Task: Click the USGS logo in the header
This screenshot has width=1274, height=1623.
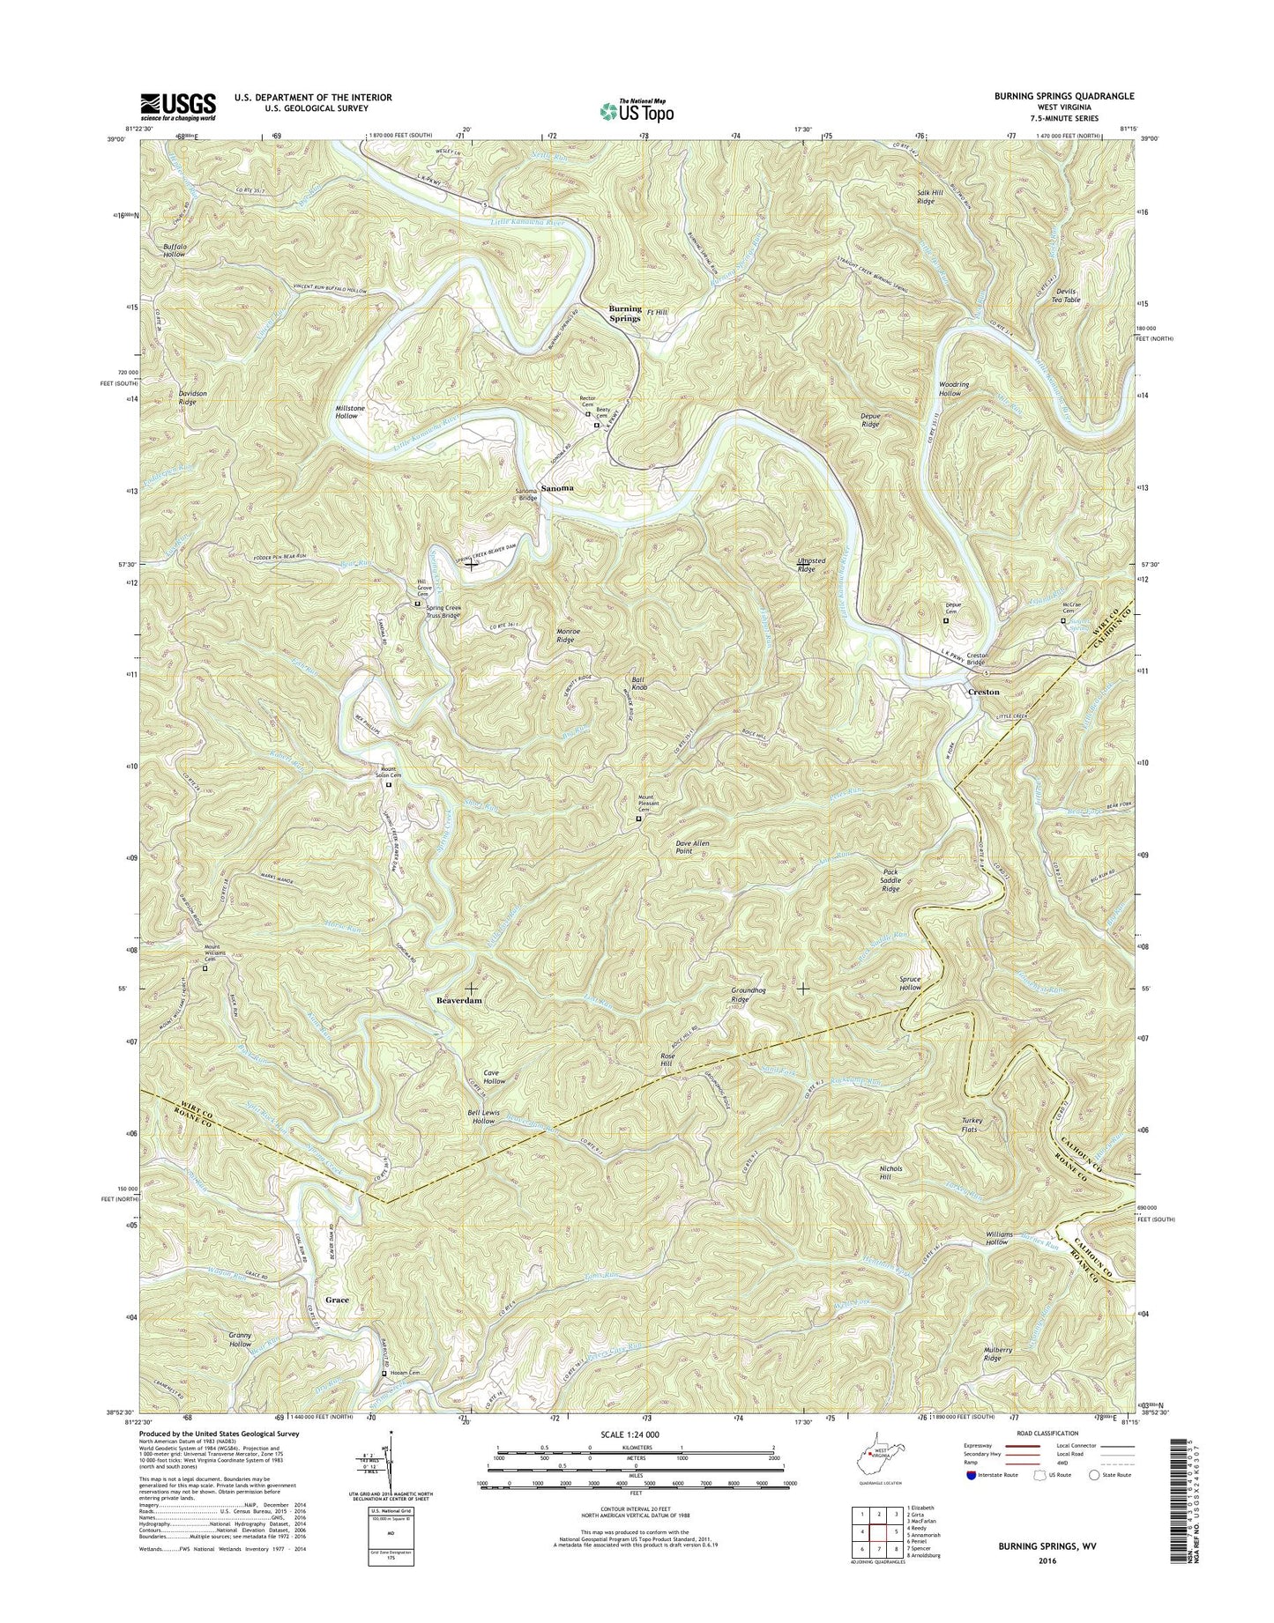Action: point(177,107)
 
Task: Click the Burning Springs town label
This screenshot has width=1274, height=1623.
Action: point(625,314)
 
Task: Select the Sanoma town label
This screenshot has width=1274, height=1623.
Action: point(556,487)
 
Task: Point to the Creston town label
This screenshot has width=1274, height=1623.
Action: point(984,692)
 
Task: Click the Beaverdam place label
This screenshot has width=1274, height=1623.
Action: point(460,1002)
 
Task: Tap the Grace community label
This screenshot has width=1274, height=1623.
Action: point(337,1300)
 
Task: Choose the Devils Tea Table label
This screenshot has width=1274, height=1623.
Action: point(1064,295)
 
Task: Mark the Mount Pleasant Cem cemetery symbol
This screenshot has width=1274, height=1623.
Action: point(639,819)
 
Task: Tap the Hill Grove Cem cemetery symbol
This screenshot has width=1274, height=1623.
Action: point(418,604)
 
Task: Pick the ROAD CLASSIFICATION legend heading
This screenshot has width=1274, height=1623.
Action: point(1027,1434)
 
